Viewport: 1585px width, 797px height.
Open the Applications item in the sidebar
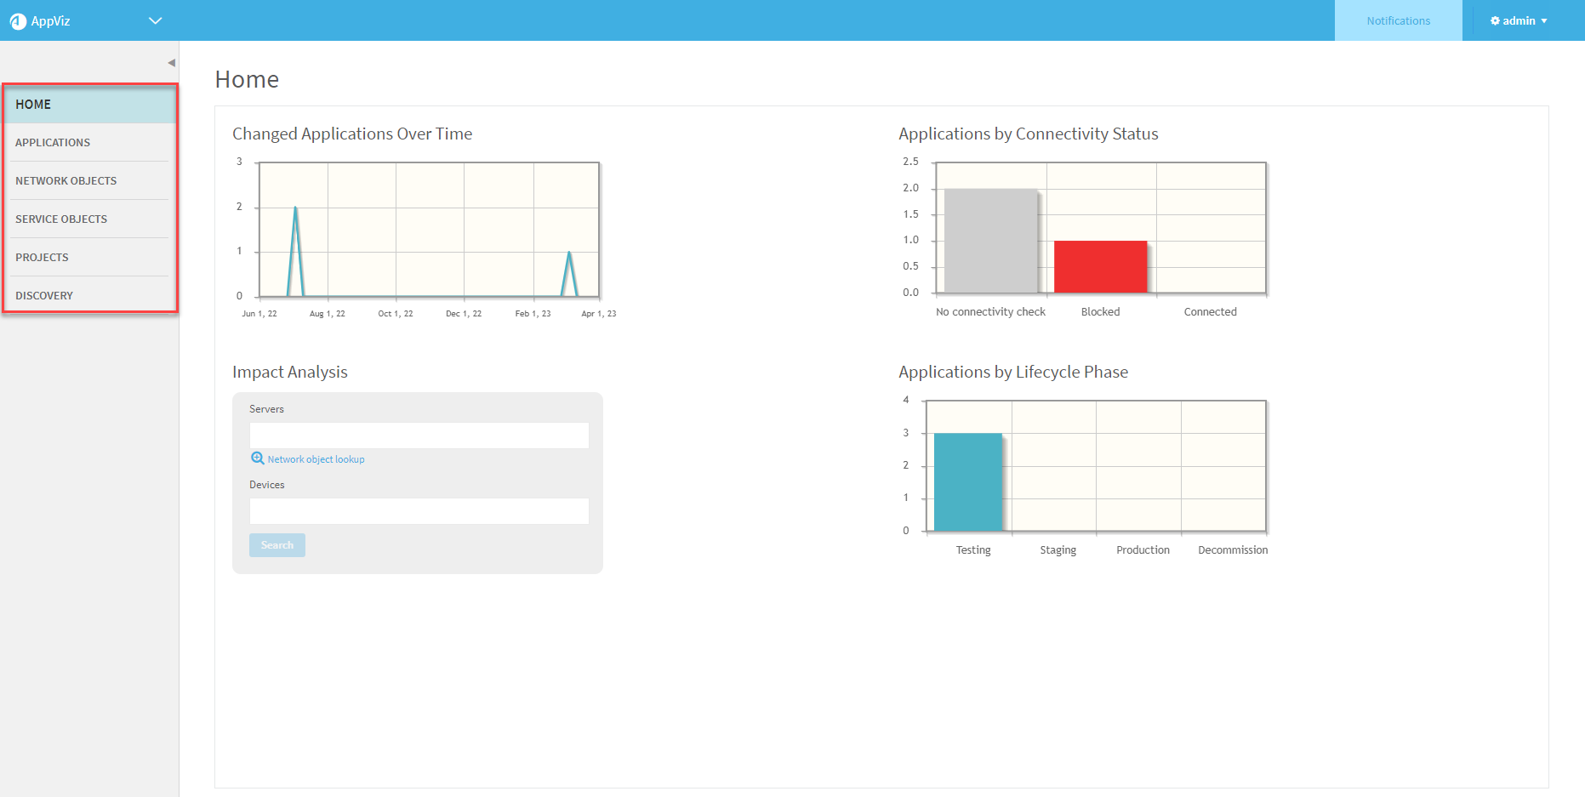click(53, 143)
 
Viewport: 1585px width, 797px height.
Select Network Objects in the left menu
click(66, 181)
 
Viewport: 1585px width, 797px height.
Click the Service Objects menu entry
click(61, 219)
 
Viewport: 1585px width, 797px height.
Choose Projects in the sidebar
click(42, 258)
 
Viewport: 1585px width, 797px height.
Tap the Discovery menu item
click(44, 296)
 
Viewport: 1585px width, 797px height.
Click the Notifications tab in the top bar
click(1398, 21)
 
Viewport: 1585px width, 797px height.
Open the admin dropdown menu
click(1519, 21)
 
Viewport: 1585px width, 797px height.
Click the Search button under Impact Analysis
click(277, 545)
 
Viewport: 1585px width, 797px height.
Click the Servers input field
click(419, 436)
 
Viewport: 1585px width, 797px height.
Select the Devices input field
click(419, 511)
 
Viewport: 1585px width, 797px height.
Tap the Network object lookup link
click(316, 459)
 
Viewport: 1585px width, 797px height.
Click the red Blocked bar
click(1100, 266)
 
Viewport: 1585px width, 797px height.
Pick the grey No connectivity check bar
click(990, 241)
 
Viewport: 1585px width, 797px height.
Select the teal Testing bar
click(968, 481)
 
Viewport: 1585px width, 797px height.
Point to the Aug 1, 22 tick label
click(328, 314)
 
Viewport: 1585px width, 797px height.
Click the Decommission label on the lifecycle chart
click(1233, 550)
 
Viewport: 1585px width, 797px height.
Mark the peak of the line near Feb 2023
click(569, 252)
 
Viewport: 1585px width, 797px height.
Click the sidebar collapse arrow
click(171, 63)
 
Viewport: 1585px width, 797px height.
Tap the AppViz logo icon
click(18, 21)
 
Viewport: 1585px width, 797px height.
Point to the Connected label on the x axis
click(1210, 312)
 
